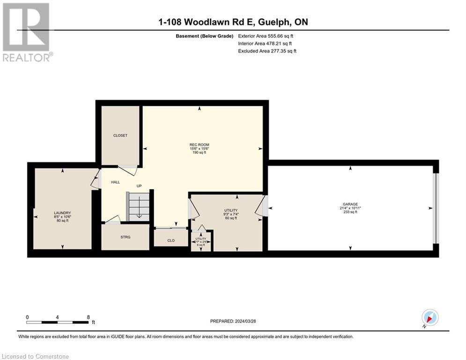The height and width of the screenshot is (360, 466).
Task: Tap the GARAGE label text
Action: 350,204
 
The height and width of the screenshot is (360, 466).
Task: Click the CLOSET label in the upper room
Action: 120,135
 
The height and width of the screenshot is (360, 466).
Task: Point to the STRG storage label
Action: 126,237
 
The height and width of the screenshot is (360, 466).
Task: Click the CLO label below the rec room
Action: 171,240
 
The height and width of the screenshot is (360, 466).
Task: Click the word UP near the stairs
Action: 139,186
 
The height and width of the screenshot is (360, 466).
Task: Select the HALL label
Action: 116,182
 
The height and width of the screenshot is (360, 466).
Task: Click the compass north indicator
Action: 429,318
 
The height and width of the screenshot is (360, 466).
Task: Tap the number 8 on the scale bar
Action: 88,317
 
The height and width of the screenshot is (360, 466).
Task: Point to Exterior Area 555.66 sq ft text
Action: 266,36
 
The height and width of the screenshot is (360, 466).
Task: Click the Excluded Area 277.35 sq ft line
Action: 267,51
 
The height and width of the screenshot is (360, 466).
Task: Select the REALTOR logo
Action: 27,33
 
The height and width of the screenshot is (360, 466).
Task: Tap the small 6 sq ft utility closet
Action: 201,241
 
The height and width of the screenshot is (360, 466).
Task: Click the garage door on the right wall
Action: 436,209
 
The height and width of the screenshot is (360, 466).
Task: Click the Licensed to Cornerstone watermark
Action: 35,356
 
